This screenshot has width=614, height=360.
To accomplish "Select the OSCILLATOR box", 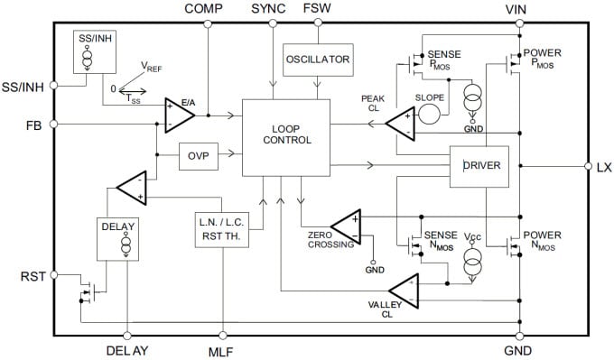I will [x=317, y=60].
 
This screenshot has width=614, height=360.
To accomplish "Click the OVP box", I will [x=198, y=155].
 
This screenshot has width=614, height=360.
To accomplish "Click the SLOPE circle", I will [x=430, y=114].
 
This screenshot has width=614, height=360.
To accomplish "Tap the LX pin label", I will [x=604, y=167].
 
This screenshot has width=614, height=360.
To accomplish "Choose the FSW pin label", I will [x=317, y=8].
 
